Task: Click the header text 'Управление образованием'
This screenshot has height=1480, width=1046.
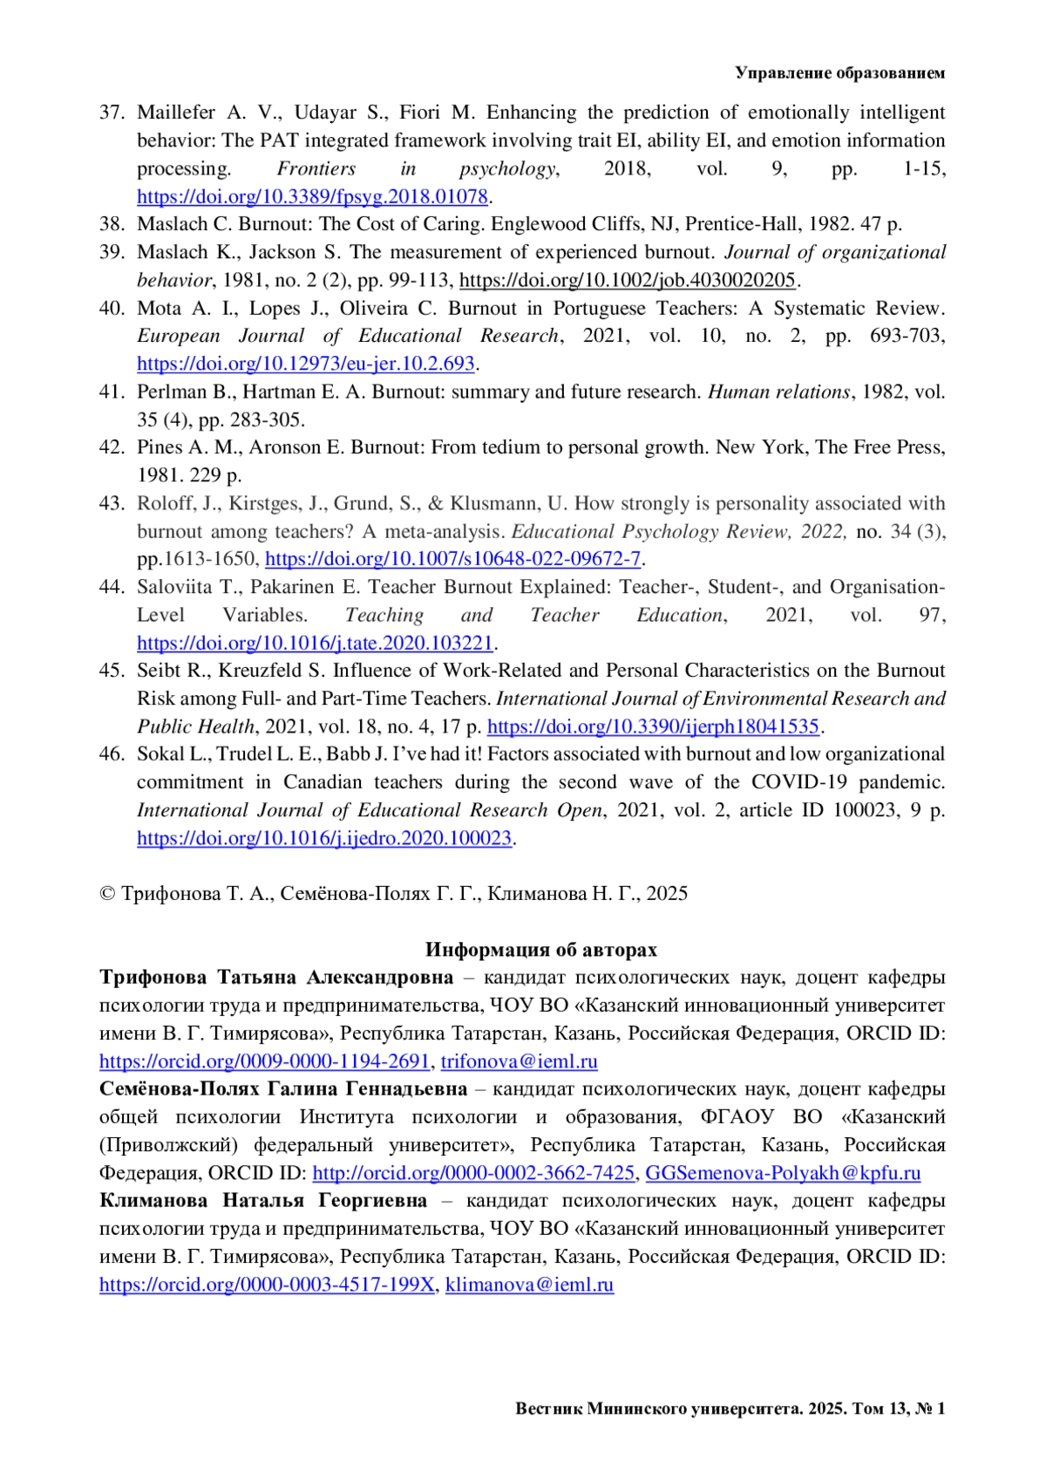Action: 839,73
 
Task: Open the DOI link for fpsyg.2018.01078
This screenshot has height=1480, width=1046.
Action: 311,196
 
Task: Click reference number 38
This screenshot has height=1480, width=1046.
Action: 112,224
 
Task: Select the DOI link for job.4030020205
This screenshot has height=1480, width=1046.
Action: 628,280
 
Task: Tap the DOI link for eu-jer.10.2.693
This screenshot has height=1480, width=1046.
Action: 305,364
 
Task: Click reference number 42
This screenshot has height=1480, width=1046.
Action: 112,447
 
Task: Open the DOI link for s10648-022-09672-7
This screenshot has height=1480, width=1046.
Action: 452,559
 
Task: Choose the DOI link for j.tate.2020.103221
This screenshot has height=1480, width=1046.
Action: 315,644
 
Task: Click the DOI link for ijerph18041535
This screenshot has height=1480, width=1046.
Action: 653,726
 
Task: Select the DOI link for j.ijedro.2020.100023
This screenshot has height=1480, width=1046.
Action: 323,839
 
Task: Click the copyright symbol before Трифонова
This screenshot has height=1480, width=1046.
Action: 108,894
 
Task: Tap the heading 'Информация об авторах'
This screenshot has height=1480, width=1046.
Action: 540,950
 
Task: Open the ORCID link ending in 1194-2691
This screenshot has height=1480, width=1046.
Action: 264,1061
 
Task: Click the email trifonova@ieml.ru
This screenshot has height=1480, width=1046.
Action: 519,1061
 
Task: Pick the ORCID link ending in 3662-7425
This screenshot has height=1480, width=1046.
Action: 473,1173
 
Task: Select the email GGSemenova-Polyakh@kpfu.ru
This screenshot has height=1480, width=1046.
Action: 783,1173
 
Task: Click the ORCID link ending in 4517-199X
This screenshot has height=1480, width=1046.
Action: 267,1285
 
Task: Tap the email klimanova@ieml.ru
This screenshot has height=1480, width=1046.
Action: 529,1285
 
